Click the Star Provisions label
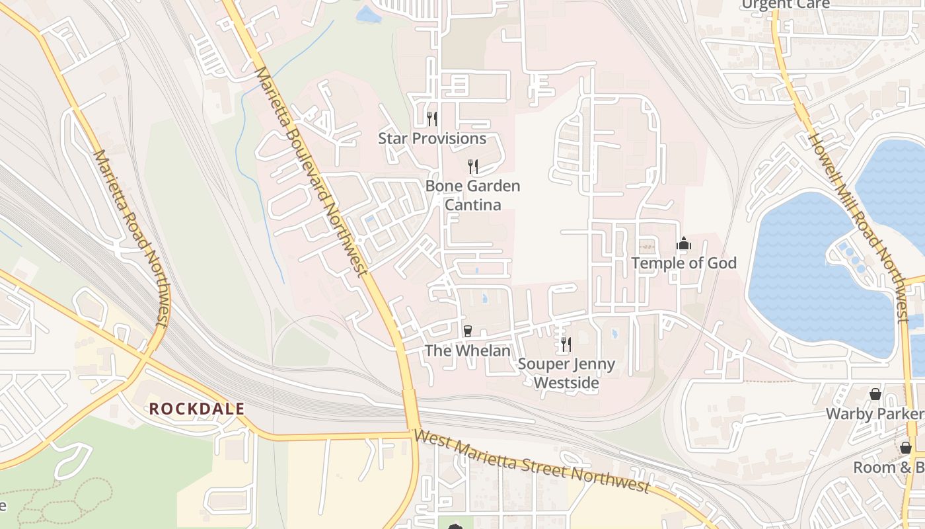432,139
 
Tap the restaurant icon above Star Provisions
432,119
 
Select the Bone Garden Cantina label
472,195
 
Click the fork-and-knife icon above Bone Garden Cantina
473,166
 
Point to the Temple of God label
684,263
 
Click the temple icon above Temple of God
684,244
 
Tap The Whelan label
468,350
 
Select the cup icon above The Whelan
468,331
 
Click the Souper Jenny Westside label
566,373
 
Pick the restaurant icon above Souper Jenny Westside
566,344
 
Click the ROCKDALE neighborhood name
197,409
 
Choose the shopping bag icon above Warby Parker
875,395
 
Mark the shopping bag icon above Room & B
906,448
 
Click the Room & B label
888,468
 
